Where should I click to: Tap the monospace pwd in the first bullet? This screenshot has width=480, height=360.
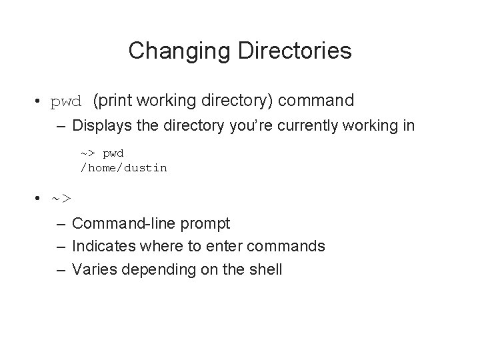click(x=67, y=102)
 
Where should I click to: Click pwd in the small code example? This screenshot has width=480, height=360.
click(x=114, y=153)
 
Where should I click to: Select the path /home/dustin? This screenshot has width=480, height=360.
click(x=124, y=168)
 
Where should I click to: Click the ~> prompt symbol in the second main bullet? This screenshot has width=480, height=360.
click(x=62, y=198)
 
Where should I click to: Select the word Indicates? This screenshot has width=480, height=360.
click(x=103, y=247)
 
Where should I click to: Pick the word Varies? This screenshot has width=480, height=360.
click(x=93, y=270)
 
